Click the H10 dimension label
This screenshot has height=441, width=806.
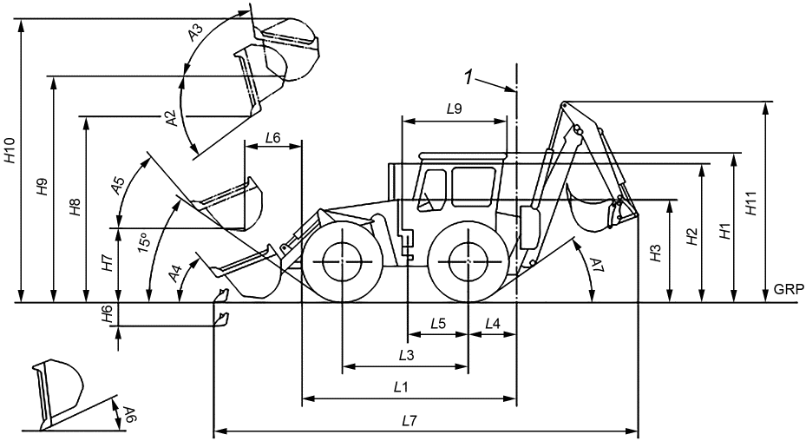10,152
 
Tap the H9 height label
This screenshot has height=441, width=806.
43,187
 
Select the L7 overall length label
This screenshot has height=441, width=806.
409,421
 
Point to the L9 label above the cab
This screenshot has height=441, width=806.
455,109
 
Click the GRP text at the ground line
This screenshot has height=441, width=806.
789,290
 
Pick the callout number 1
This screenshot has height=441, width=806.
469,78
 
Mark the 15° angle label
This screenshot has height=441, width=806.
143,243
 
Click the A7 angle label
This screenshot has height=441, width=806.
595,266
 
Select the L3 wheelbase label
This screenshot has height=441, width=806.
406,355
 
